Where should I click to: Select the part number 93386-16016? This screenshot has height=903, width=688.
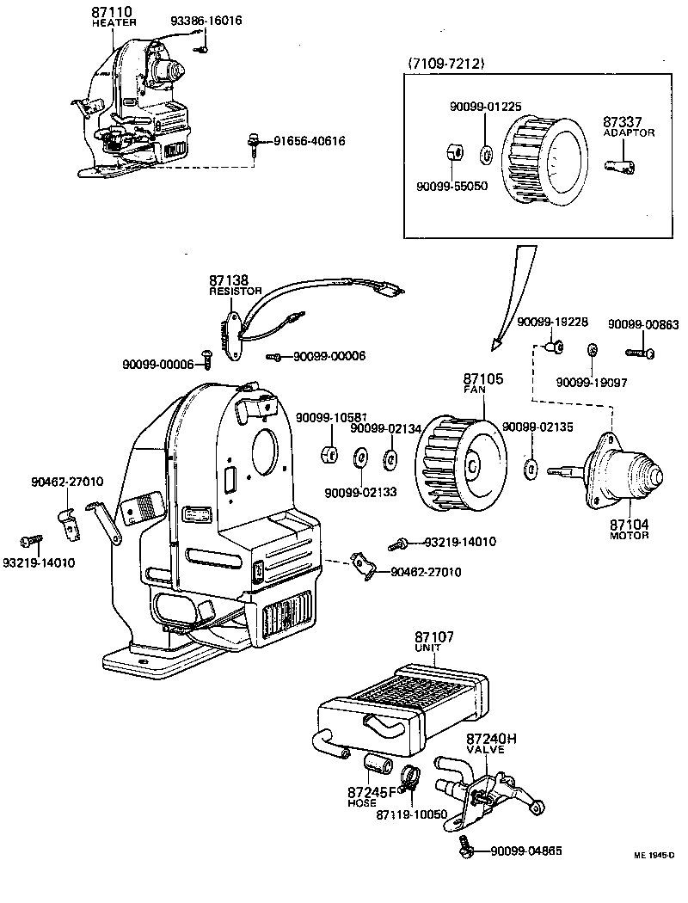pos(206,20)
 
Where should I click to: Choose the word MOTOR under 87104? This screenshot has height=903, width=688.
pos(629,536)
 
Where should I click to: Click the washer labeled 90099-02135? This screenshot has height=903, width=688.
pos(531,470)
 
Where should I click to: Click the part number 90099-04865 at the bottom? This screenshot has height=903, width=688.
pos(526,851)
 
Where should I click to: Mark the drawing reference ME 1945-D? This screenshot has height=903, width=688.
pos(654,857)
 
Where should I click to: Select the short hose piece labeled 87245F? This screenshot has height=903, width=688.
pos(377,764)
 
